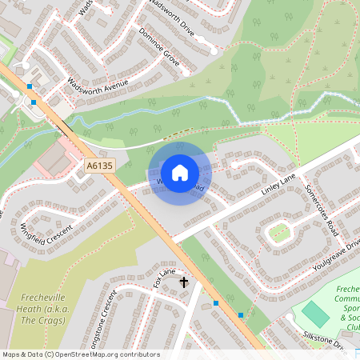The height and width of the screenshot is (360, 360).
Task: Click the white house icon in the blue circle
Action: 180,172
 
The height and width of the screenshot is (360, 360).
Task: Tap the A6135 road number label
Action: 97,166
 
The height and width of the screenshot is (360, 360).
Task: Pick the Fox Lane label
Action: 163,278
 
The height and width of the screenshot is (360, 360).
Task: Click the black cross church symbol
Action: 184,282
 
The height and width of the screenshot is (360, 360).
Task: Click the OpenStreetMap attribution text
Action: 80,354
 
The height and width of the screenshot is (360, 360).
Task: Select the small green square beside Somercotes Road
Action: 279,233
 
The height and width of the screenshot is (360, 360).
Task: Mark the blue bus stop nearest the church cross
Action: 216,303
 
